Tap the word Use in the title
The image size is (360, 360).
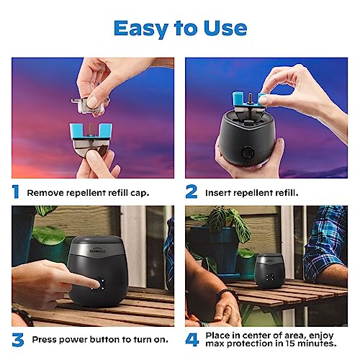(224, 28)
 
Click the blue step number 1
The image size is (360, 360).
(15, 192)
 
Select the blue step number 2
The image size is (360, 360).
(192, 192)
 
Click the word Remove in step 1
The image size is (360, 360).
(45, 192)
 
